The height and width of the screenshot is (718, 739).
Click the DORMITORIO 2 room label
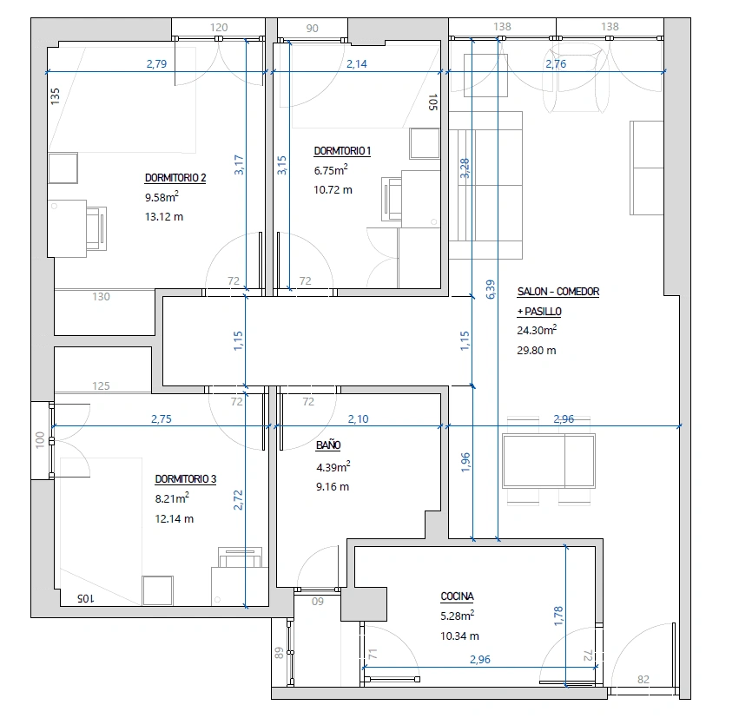tap(175, 178)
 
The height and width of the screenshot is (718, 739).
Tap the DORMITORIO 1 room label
tap(342, 151)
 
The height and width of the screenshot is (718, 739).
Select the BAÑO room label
tap(328, 445)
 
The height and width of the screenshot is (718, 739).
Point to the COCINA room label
tap(457, 596)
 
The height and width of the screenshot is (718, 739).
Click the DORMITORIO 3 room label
tap(186, 479)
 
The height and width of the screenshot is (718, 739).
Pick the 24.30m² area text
tap(537, 330)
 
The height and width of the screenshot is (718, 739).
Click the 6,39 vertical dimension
tap(491, 289)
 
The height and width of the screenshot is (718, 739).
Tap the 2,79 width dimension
tap(156, 63)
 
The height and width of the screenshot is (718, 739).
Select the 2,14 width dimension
tap(357, 63)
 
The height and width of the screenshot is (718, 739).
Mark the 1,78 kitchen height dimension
tap(558, 616)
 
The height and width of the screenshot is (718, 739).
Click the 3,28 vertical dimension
tap(465, 168)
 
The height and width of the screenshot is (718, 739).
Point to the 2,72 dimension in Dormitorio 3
tap(238, 500)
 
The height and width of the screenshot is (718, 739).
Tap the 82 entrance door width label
tap(643, 680)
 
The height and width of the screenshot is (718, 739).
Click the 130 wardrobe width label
tap(101, 296)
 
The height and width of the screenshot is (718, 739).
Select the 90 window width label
tap(312, 29)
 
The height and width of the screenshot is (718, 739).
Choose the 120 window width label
tap(219, 28)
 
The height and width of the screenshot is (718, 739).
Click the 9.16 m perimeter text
tap(333, 487)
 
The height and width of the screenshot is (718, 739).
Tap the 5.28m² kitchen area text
tap(457, 616)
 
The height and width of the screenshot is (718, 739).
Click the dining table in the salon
tap(549, 460)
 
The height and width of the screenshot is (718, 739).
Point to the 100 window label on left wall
tap(40, 440)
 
